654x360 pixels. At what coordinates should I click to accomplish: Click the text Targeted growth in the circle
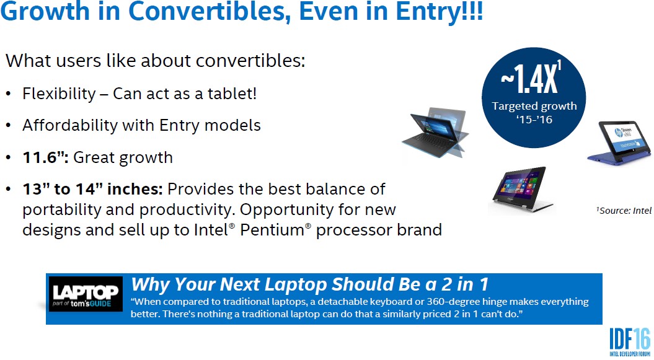[534, 106]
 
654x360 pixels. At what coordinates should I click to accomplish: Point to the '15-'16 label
[534, 120]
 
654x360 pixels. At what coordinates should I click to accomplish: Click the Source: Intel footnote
[624, 211]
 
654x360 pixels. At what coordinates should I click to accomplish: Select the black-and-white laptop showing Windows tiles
[523, 189]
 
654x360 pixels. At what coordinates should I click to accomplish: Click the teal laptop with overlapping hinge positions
[435, 133]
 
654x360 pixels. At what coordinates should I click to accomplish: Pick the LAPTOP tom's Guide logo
[86, 294]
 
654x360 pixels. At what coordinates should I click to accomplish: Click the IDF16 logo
[630, 341]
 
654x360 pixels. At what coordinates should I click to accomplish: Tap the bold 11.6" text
[45, 157]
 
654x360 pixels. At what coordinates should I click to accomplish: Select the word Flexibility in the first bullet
[59, 94]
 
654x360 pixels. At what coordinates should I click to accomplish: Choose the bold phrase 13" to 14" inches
[92, 189]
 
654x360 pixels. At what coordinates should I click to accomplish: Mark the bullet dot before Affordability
[8, 126]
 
